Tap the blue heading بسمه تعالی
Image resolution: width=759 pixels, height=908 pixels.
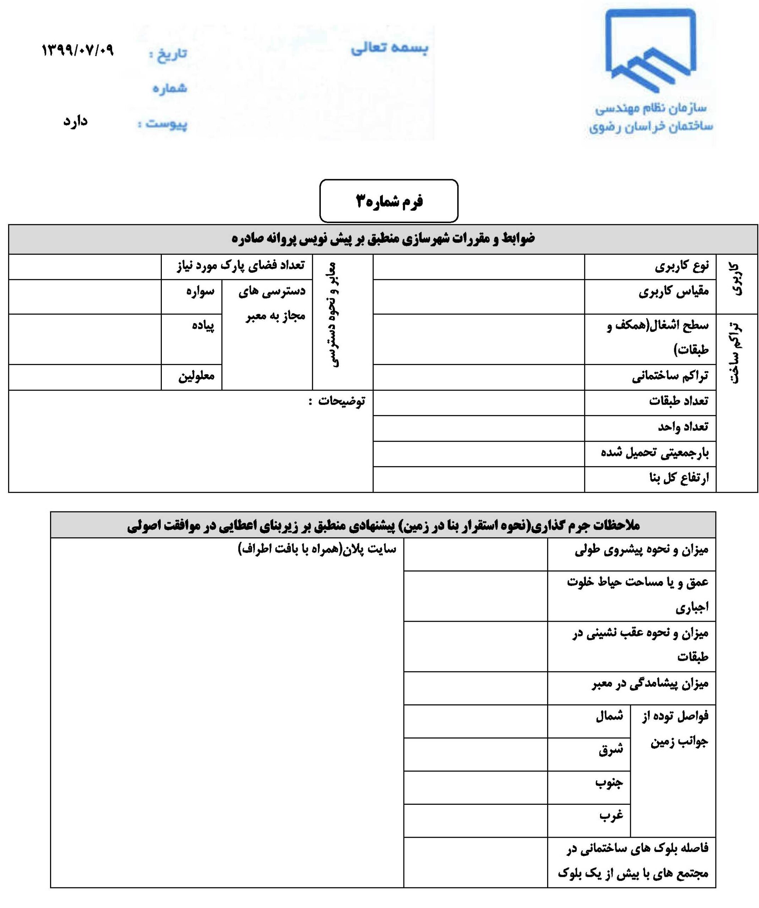pyautogui.click(x=389, y=48)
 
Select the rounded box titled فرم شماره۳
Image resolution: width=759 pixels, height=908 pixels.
pyautogui.click(x=388, y=201)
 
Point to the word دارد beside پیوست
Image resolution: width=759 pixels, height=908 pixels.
pyautogui.click(x=76, y=121)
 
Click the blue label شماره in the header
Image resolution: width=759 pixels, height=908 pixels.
pyautogui.click(x=170, y=88)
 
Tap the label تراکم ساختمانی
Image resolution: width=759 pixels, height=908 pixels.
pyautogui.click(x=670, y=377)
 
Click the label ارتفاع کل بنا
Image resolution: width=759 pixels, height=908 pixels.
pyautogui.click(x=679, y=478)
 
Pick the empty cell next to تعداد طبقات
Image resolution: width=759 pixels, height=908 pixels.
pyautogui.click(x=478, y=402)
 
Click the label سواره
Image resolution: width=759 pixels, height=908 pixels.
pyautogui.click(x=200, y=291)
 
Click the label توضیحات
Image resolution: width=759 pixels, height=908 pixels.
pyautogui.click(x=341, y=401)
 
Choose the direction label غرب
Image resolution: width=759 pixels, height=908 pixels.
pyautogui.click(x=611, y=815)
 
